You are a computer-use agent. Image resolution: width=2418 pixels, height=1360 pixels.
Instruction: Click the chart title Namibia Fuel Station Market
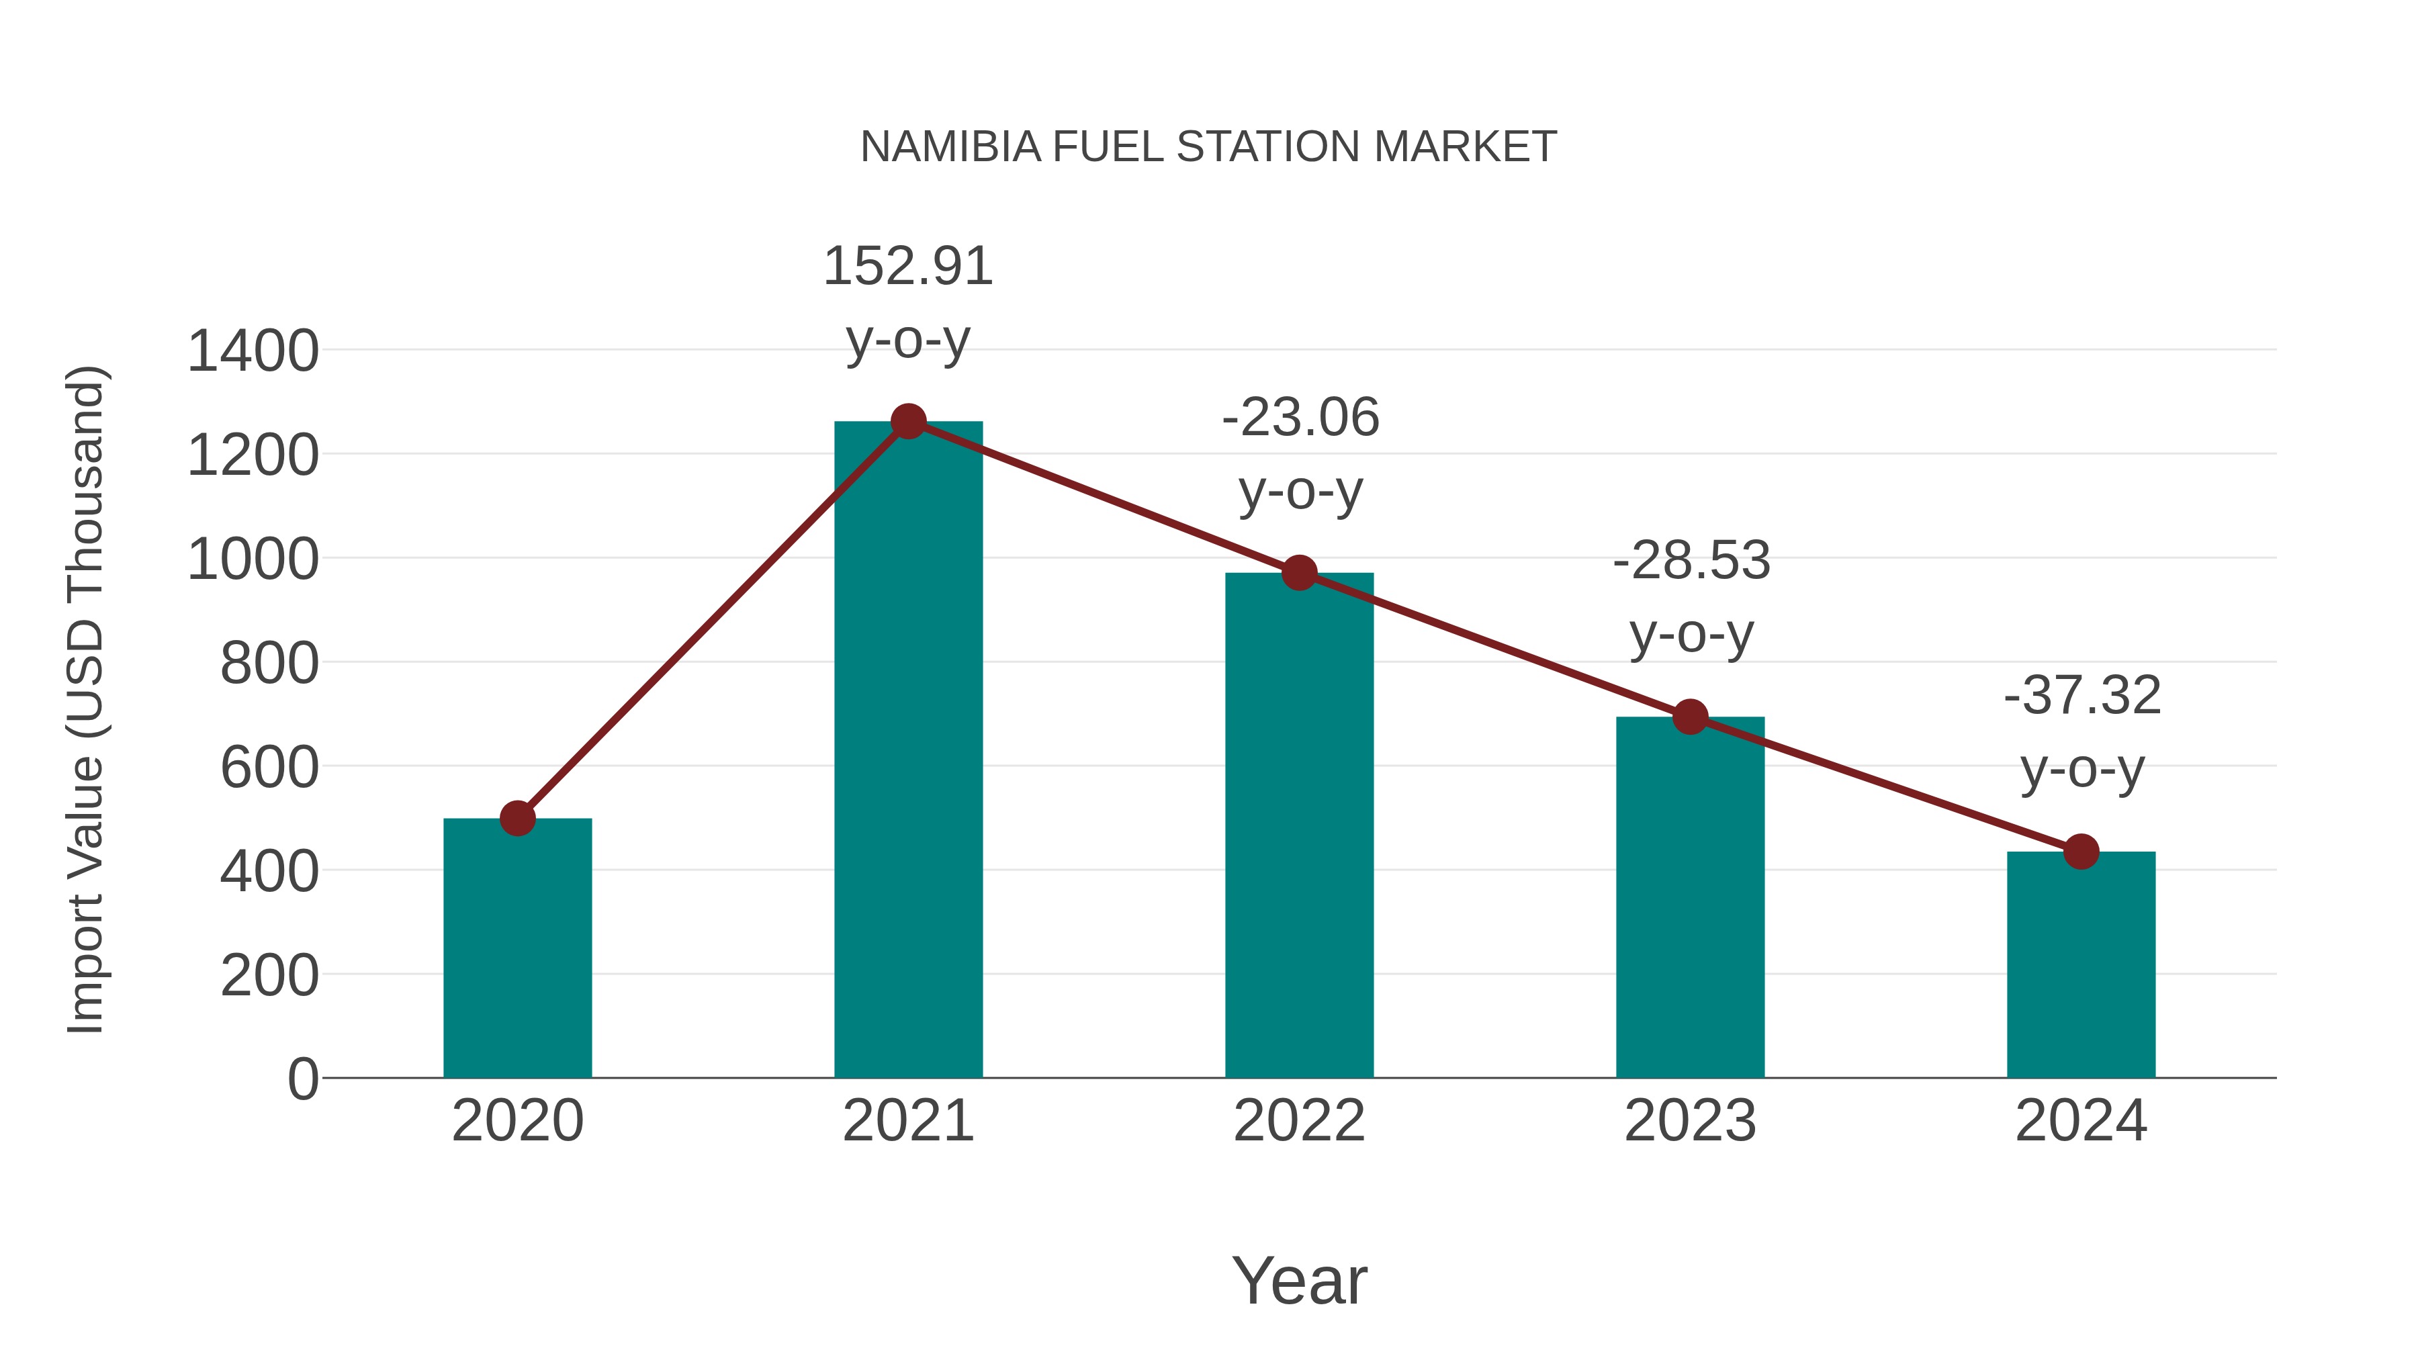coord(1208,147)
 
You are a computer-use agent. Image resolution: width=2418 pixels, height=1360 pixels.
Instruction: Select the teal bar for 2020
coord(517,948)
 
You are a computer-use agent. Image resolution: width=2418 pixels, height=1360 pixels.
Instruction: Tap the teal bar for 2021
coord(907,751)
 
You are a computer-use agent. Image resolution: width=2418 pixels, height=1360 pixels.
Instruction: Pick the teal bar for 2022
coord(1299,826)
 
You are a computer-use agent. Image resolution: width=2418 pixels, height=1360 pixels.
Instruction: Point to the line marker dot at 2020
coord(517,819)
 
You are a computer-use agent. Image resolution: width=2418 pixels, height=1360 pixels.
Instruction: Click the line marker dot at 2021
coord(907,421)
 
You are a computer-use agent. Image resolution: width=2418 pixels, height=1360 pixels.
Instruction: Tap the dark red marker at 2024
coord(2081,852)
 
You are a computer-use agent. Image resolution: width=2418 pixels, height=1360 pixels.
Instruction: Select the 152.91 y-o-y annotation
coord(907,302)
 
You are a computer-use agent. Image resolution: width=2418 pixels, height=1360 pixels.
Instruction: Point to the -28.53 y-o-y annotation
coord(1691,597)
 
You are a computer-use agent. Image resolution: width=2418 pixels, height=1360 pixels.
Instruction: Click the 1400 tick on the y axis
coord(253,352)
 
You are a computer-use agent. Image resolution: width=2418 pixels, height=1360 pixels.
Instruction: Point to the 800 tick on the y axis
coord(269,664)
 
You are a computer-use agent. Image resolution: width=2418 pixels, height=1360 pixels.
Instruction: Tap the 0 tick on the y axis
coord(302,1079)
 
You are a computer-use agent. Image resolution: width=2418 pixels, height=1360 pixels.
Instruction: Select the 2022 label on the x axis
coord(1299,1121)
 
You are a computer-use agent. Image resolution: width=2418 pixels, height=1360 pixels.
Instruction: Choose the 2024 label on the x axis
coord(2081,1121)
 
